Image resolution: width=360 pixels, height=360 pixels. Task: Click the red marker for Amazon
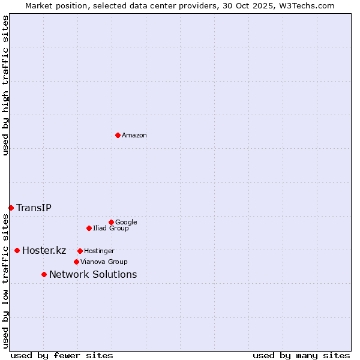118,135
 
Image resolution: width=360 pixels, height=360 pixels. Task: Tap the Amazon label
134,136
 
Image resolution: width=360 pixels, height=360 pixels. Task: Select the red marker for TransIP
11,208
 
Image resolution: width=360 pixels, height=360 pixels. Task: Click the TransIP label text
34,208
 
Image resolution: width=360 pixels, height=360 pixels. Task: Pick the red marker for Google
111,222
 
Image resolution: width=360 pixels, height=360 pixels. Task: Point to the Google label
126,222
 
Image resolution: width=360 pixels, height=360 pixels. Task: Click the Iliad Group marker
89,228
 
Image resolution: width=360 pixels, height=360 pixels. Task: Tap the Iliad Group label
110,229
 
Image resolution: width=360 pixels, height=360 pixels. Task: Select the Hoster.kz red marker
17,250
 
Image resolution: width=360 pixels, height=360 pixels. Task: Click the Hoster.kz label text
44,251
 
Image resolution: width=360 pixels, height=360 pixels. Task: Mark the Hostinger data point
80,251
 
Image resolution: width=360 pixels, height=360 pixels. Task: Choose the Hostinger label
99,251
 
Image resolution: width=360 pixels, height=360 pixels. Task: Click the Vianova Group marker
76,262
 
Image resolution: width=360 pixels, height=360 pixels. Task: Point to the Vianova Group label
104,262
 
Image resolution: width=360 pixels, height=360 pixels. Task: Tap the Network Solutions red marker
44,274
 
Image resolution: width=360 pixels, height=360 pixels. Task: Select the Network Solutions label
93,275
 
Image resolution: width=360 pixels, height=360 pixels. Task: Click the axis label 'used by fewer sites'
62,355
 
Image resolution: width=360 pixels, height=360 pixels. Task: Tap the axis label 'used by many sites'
301,355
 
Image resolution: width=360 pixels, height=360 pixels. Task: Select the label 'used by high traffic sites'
6,85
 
